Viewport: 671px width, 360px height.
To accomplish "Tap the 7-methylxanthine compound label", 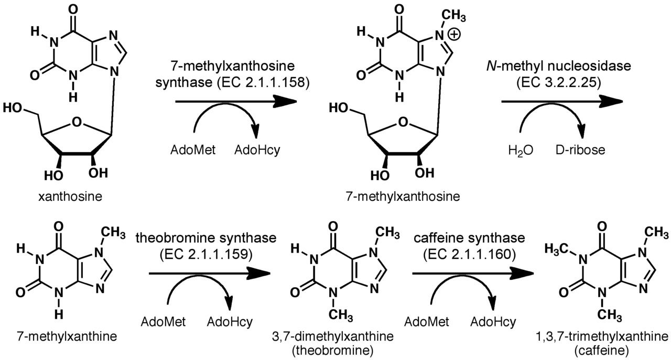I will point(60,336).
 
